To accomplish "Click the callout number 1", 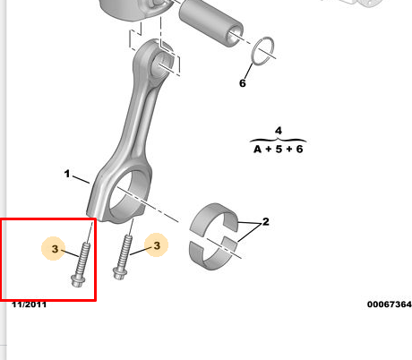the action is point(67,174).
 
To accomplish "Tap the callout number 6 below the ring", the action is point(243,83).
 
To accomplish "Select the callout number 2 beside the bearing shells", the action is point(265,221).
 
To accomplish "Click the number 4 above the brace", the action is point(279,131).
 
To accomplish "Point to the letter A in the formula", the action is point(257,149).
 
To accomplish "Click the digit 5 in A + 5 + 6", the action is point(279,149).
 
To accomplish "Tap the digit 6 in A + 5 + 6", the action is point(299,149).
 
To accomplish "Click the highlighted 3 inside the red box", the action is point(55,249).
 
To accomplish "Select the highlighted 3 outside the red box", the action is point(157,245).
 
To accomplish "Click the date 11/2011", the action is point(29,304).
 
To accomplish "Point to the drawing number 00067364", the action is point(390,304).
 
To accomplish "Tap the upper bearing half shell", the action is point(213,218).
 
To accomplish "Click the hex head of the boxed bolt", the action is point(78,280).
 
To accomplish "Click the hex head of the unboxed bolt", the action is point(120,273).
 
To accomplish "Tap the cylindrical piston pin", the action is point(210,23).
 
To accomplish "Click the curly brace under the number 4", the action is point(279,140).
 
